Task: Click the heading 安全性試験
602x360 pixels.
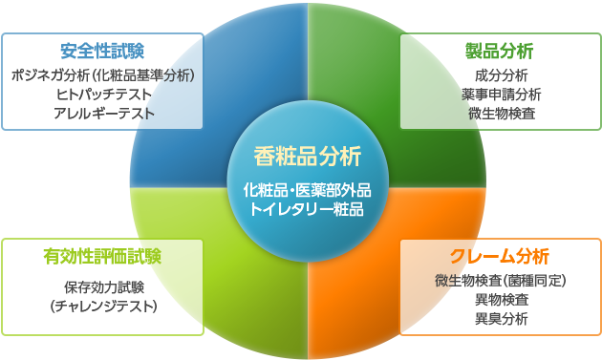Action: pos(102,50)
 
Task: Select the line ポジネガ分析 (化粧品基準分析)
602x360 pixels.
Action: pos(102,74)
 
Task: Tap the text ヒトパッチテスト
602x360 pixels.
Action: pos(102,94)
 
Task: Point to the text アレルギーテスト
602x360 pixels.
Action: pos(102,113)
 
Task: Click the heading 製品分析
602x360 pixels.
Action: pos(501,50)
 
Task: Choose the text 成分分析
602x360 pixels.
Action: pos(501,74)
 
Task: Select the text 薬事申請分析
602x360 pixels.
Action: pos(501,94)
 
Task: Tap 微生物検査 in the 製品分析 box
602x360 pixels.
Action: pos(501,113)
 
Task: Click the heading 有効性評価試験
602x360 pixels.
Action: pos(102,255)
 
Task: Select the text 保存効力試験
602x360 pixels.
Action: pos(102,286)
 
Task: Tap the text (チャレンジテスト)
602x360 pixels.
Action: pos(102,306)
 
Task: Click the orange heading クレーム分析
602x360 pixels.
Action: pos(501,255)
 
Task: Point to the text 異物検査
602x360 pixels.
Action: pos(501,299)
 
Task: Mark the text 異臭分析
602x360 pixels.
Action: pos(501,318)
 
